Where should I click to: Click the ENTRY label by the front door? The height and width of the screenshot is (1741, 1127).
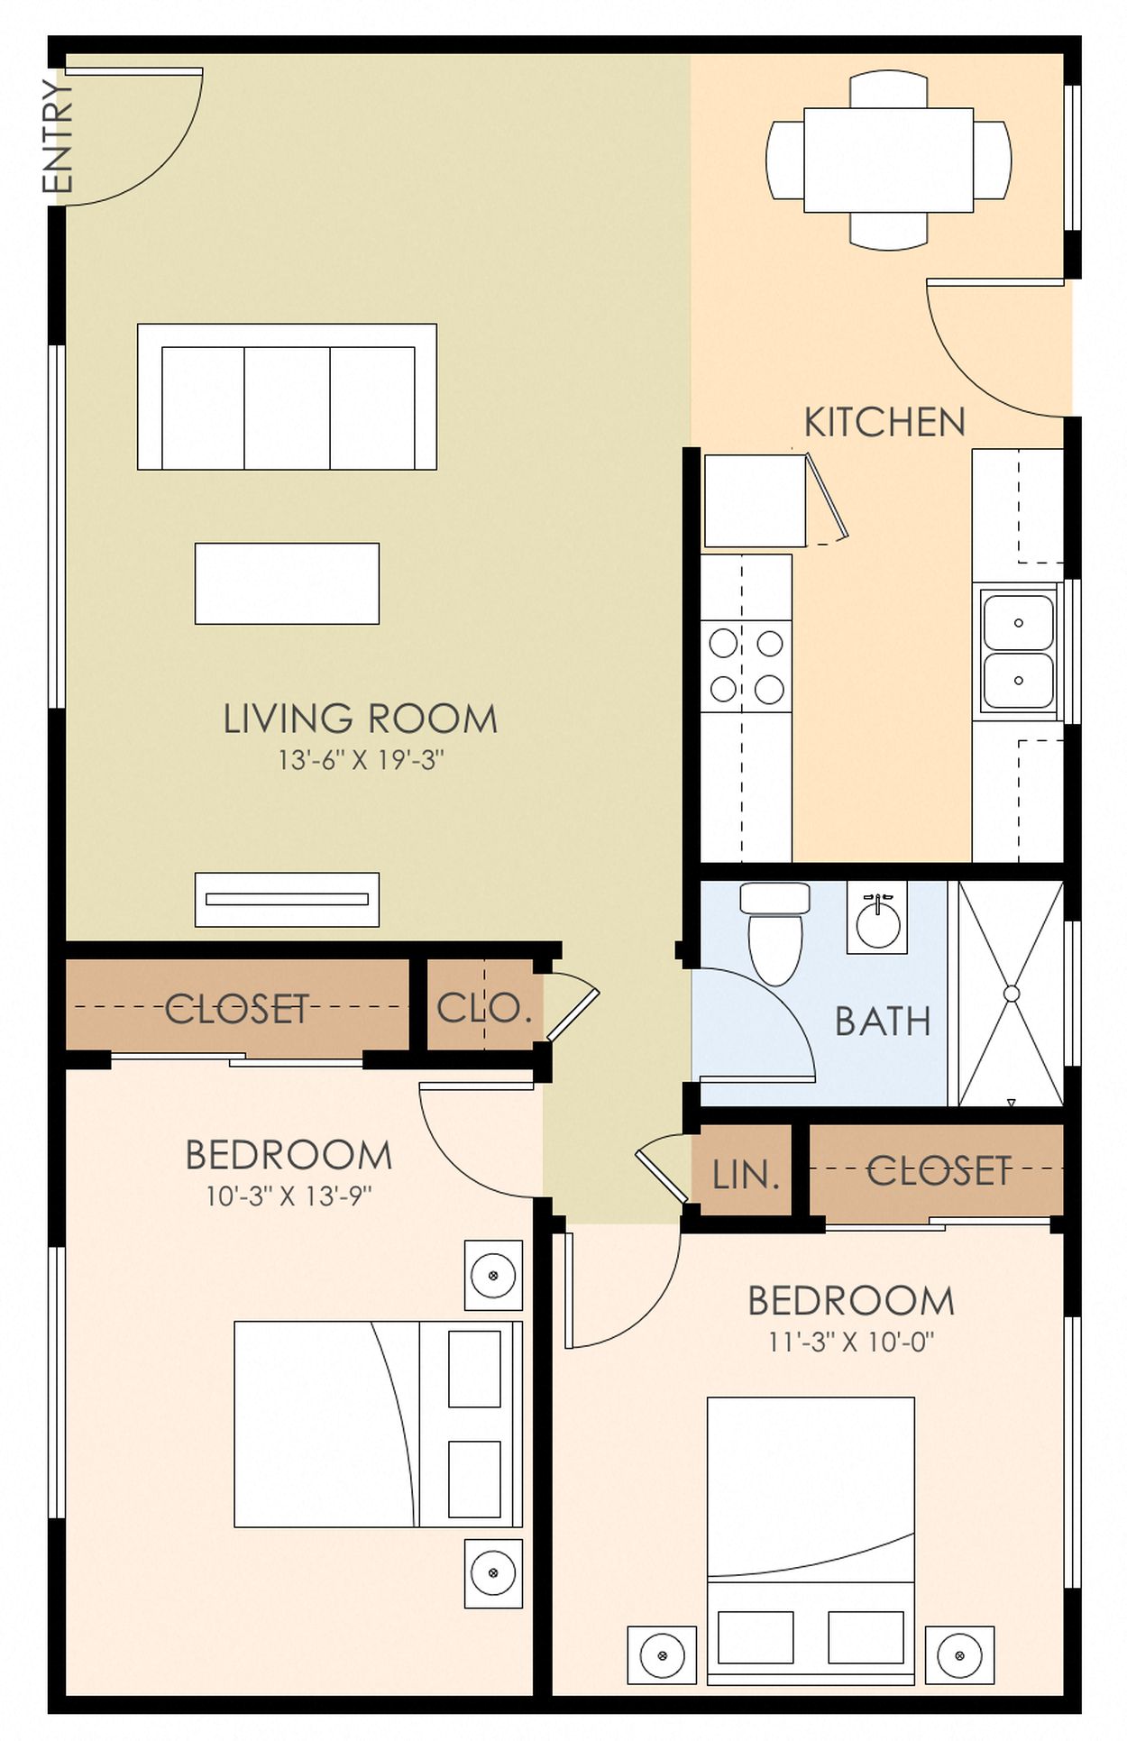56,136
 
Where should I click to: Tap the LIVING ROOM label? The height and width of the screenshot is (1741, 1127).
360,719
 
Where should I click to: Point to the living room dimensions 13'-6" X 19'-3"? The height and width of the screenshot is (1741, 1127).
360,761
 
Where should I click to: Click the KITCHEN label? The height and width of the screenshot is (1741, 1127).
884,423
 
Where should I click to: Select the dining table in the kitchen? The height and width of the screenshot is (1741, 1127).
888,160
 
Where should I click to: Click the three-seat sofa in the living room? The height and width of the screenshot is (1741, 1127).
287,398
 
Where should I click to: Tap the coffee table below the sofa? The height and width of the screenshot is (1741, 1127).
287,583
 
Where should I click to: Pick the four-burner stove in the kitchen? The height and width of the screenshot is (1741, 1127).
746,667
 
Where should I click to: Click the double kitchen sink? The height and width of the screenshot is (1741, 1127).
1018,652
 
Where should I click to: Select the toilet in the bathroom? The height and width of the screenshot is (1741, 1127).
774,933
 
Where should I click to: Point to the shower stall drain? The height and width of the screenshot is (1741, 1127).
1011,994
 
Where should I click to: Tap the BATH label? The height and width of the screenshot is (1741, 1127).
882,1022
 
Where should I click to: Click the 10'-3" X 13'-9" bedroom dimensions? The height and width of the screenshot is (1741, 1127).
289,1196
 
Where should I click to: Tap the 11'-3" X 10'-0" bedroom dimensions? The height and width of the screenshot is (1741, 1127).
850,1342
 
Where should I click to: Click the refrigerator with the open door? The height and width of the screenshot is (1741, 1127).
755,500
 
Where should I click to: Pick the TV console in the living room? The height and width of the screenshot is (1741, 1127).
287,899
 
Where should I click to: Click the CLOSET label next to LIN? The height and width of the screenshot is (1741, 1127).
938,1171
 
